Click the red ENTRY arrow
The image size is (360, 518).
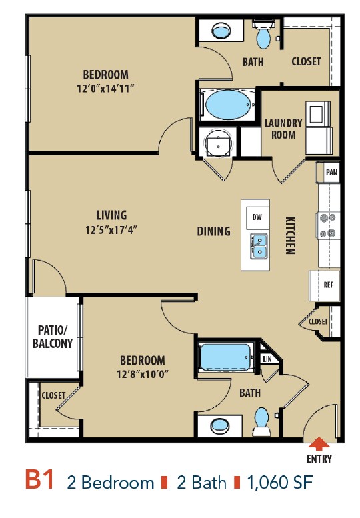point(319,443)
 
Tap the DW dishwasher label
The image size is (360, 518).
point(257,217)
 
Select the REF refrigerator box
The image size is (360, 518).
point(324,285)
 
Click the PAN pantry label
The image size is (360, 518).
point(331,172)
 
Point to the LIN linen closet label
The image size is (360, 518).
point(267,359)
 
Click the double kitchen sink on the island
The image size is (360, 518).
point(259,246)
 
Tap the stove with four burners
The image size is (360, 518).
point(327,225)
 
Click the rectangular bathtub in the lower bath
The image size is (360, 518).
point(225,357)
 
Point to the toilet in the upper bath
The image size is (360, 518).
point(263,35)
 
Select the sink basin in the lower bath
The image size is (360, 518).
point(220,425)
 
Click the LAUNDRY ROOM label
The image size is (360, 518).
point(283,129)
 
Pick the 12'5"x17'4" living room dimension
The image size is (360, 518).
point(111,229)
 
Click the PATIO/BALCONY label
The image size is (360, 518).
point(53,337)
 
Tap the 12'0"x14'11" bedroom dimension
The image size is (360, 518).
point(105,89)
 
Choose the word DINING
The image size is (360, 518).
point(214,231)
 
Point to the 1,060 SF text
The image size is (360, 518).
point(280,482)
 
